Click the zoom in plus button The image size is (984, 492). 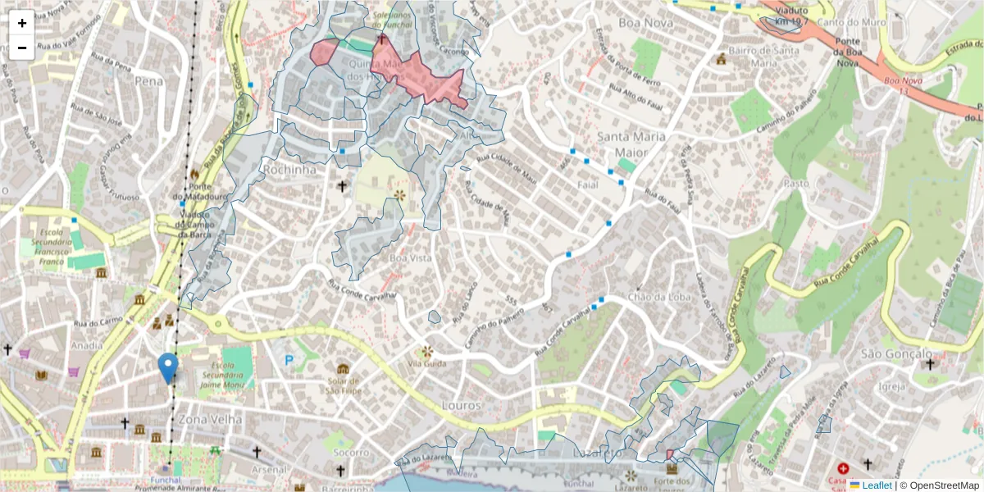[22, 23]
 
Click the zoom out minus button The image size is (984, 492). [22, 48]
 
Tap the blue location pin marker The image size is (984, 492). [168, 367]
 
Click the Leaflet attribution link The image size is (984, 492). [877, 485]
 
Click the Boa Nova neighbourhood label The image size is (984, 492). [646, 22]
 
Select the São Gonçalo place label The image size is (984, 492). [896, 353]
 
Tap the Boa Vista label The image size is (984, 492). [409, 257]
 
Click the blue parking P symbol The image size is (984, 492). [289, 359]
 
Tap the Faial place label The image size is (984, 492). [588, 185]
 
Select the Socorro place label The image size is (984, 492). [350, 452]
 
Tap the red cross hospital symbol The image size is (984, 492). [842, 467]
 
